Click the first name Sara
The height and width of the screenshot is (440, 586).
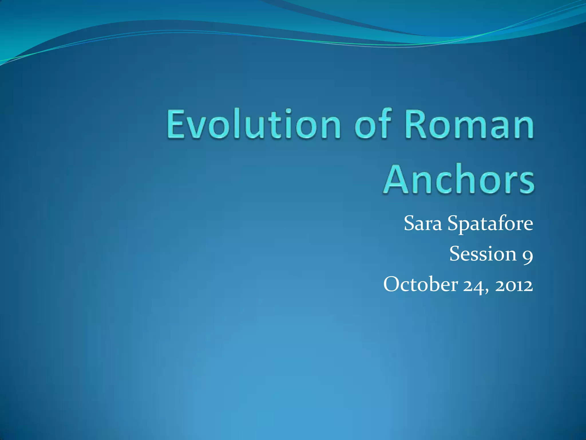(x=423, y=223)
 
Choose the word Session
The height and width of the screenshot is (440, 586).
(x=482, y=254)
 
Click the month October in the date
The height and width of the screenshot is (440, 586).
(x=420, y=284)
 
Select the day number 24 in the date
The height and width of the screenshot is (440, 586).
(x=473, y=285)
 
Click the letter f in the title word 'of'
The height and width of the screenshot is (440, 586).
(x=384, y=123)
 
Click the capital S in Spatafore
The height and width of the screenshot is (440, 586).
(x=454, y=223)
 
